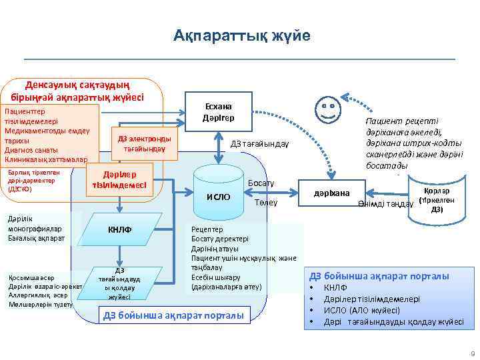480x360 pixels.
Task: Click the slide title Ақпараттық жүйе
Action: pos(241,35)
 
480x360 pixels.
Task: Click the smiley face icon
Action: pos(327,108)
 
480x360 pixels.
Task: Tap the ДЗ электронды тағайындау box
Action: pos(145,143)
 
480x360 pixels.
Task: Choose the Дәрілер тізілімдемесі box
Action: pos(120,179)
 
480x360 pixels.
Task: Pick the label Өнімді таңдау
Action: pos(381,204)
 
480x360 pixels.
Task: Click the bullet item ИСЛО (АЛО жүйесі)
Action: pos(361,310)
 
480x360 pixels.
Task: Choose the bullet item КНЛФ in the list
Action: pos(335,288)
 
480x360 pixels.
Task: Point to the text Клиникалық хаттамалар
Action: pos(45,160)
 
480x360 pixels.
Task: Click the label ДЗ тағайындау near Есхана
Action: pos(259,144)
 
